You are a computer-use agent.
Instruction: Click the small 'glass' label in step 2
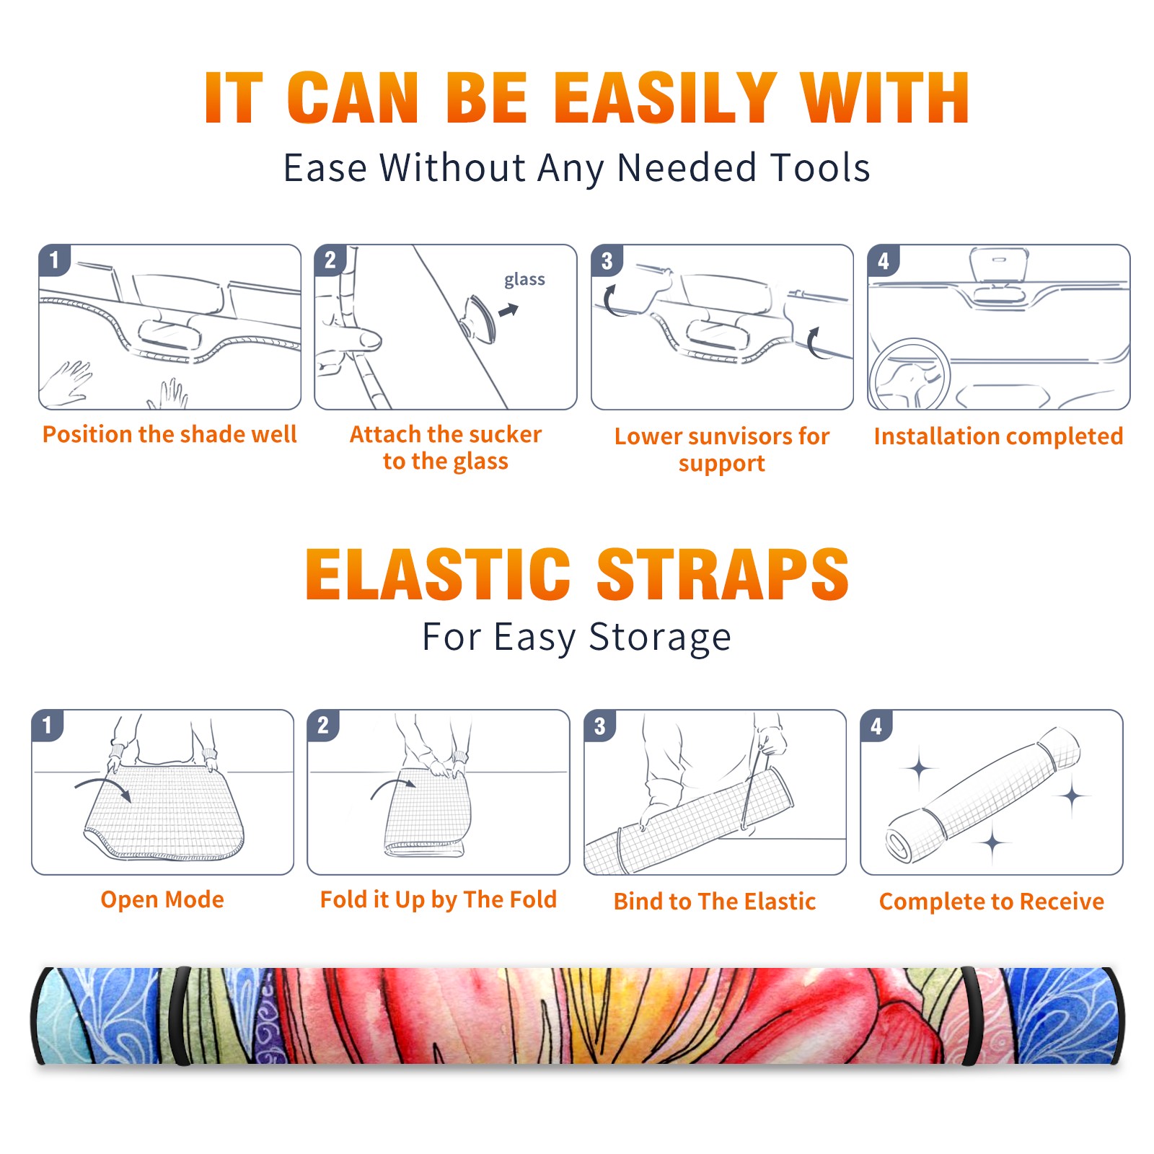524,280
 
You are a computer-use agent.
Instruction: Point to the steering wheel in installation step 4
909,374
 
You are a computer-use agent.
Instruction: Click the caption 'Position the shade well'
169,434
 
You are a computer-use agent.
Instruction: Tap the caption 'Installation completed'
998,436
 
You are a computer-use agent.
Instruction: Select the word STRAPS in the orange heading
723,574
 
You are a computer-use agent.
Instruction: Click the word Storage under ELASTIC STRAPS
660,638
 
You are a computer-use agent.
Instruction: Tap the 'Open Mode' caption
162,899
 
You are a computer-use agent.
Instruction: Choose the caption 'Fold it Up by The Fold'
439,900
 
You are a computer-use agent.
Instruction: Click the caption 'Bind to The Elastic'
715,902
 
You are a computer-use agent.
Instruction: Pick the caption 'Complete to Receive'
992,902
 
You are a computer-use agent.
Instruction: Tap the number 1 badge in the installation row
54,260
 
